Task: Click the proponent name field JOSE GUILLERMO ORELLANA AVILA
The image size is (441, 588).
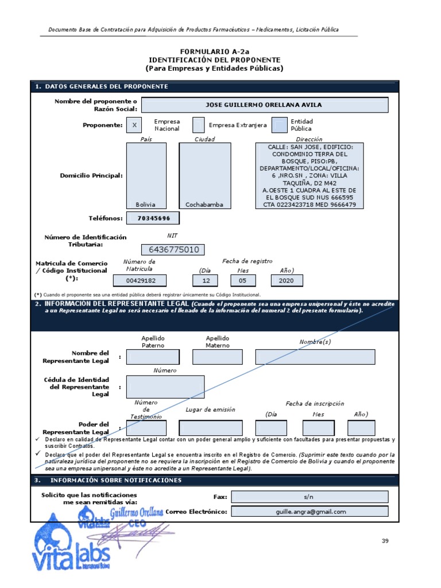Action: (264, 105)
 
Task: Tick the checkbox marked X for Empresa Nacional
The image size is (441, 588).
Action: (134, 125)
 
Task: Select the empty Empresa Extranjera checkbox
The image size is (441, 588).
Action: (198, 125)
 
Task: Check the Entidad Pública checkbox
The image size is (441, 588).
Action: (280, 125)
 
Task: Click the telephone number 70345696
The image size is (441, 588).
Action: (154, 218)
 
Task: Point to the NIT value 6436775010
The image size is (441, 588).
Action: (173, 249)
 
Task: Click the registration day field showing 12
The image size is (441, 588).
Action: (206, 280)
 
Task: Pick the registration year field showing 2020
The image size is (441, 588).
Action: (286, 280)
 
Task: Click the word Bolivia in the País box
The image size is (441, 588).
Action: (145, 204)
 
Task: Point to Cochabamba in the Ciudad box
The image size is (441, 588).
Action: (204, 204)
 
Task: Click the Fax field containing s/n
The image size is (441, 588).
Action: (310, 497)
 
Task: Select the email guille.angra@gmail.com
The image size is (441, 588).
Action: (310, 512)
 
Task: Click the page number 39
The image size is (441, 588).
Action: (385, 541)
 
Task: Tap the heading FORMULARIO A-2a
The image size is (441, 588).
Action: (214, 51)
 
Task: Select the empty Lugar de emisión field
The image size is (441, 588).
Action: (211, 428)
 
